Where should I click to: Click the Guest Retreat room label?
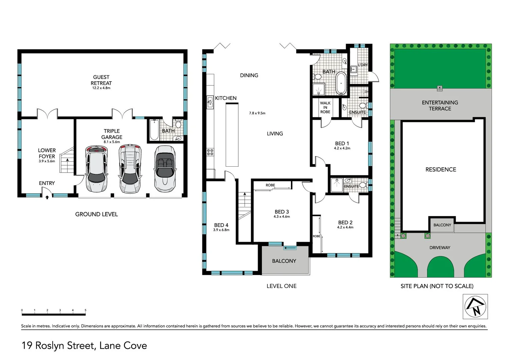tap(101, 80)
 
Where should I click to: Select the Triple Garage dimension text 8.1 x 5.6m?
tap(112, 142)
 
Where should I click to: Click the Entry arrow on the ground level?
tap(47, 197)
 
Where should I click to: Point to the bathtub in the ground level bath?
tap(154, 130)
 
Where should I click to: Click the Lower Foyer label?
tap(47, 153)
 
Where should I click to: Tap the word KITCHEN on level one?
tap(226, 98)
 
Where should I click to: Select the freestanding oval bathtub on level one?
tap(341, 83)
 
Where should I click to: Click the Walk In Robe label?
tap(325, 107)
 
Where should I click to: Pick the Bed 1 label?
tap(342, 143)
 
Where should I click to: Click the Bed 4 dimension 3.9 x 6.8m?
tap(221, 230)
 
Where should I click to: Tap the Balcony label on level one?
tap(284, 261)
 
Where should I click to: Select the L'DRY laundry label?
tap(363, 65)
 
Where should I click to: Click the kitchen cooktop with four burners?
tap(210, 152)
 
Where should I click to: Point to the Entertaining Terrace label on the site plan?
tap(440, 105)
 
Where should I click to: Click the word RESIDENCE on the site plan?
tap(441, 169)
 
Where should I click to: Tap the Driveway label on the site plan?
tap(440, 248)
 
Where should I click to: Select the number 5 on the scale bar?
tap(85, 310)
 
